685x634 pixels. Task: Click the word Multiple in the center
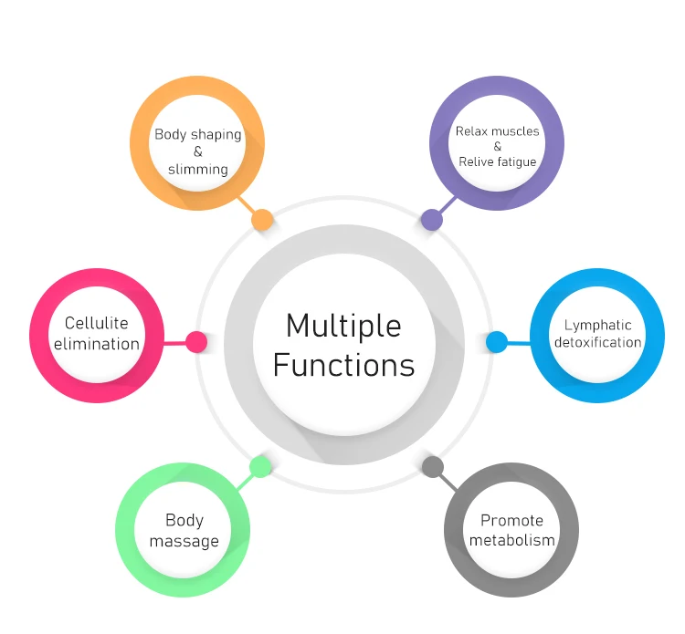click(342, 326)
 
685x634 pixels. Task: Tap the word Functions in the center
click(343, 365)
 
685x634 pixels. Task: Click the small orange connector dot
click(262, 220)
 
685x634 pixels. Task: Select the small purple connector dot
click(431, 220)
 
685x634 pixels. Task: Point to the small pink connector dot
click(196, 342)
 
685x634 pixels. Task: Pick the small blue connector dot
click(497, 342)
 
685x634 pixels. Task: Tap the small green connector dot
click(261, 467)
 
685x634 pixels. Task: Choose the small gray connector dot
click(433, 467)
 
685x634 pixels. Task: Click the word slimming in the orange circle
click(197, 169)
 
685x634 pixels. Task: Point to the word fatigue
click(516, 161)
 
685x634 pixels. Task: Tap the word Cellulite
click(97, 323)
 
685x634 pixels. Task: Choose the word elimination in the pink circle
click(97, 344)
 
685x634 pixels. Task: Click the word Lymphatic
click(597, 325)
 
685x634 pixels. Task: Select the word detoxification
click(597, 343)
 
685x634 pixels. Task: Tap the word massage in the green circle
click(184, 541)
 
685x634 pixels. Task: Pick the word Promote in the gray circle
click(511, 521)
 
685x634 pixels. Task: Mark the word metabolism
click(511, 540)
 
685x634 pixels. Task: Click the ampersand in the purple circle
click(497, 146)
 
